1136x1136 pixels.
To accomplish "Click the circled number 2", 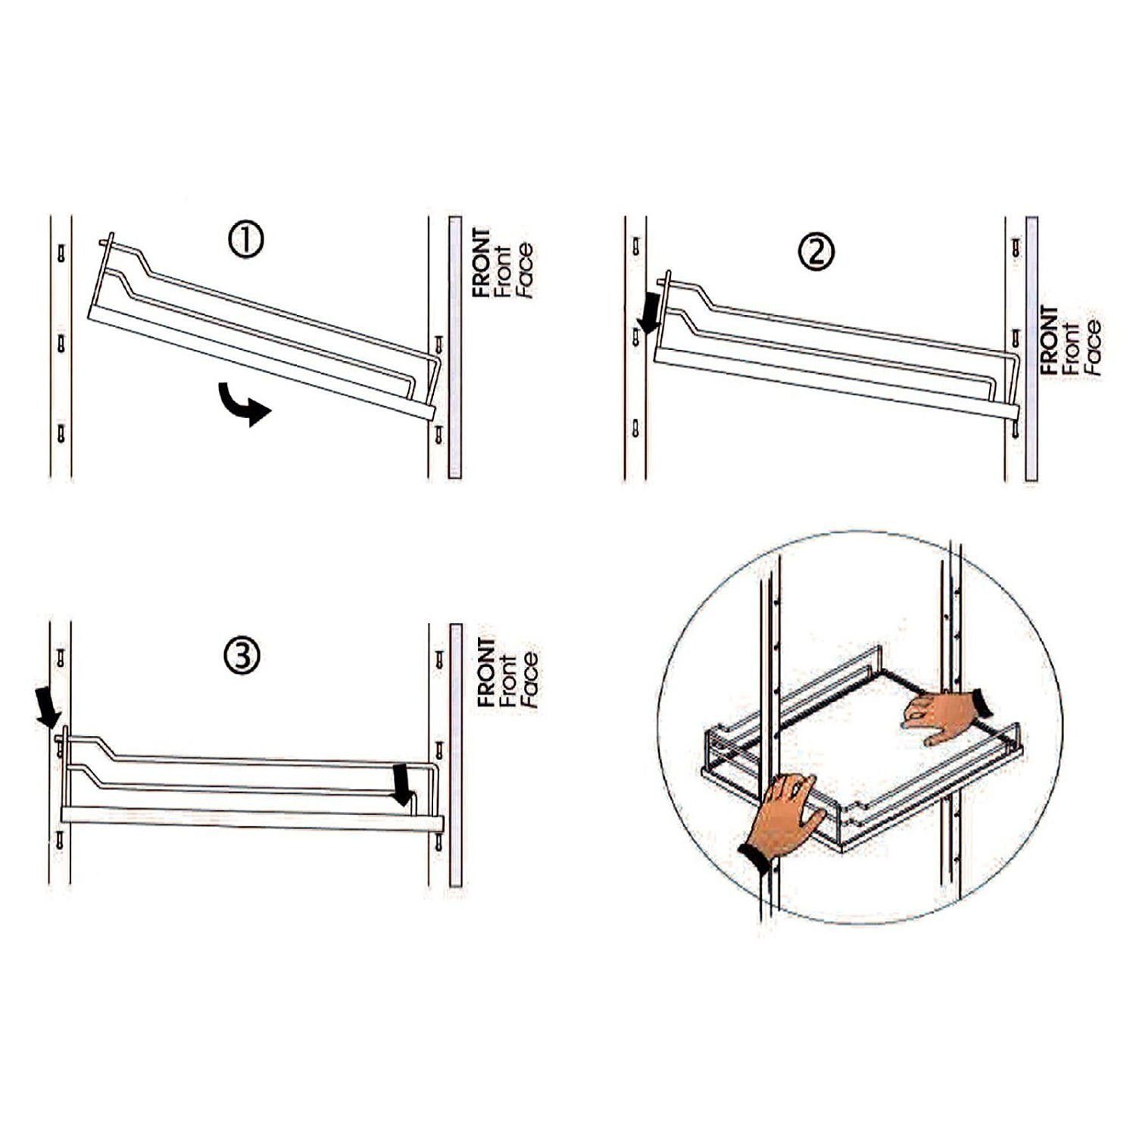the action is (x=817, y=250).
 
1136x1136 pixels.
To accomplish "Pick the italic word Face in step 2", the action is (x=1092, y=348).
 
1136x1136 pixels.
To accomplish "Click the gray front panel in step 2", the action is (x=1031, y=349).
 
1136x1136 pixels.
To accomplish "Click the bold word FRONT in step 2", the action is (x=1050, y=340).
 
